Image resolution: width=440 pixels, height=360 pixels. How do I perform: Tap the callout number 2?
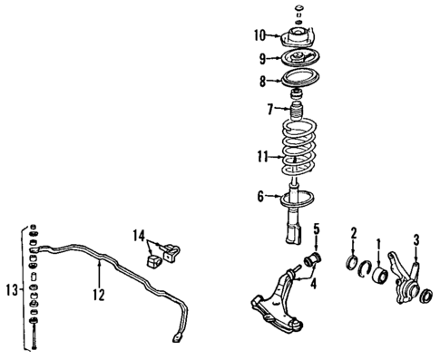pyautogui.click(x=354, y=232)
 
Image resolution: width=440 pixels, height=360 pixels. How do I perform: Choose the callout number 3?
pyautogui.click(x=416, y=239)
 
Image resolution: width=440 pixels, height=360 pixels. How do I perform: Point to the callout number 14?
pyautogui.click(x=139, y=236)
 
